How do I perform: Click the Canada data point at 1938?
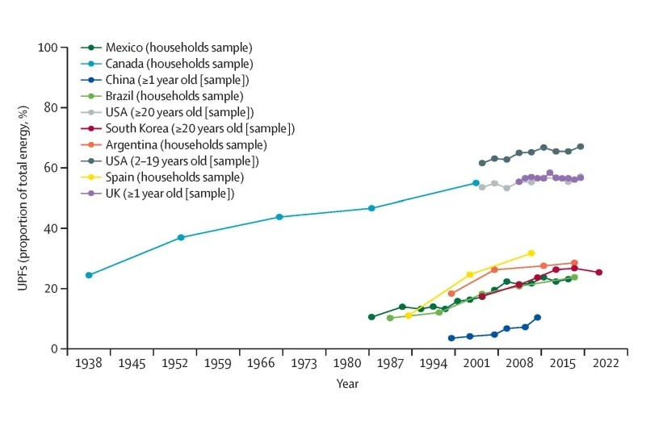coord(89,275)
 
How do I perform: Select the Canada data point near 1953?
coord(181,237)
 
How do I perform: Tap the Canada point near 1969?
coord(279,217)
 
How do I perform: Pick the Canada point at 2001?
coord(476,183)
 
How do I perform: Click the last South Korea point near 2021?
coord(598,273)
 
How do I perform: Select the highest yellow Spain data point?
coord(531,253)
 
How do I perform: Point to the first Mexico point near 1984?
coord(371,317)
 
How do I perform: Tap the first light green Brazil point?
coord(390,318)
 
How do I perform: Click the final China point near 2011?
coord(537,317)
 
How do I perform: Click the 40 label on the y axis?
coord(52,228)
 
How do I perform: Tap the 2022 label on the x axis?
coord(605,364)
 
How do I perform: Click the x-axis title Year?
coord(347,384)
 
